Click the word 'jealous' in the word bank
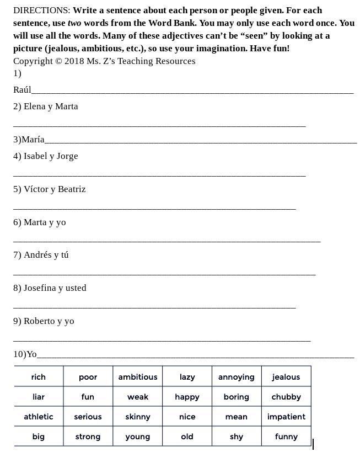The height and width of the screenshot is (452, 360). point(286,377)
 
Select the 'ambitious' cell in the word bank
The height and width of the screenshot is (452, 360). point(137,377)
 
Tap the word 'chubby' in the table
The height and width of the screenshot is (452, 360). point(286,397)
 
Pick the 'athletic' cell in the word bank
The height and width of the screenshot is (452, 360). point(39,417)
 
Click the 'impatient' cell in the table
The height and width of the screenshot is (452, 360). point(286,417)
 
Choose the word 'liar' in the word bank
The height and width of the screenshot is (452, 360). point(39,397)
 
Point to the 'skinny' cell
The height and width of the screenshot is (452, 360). point(137,417)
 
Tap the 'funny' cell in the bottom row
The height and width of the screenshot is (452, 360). point(286,437)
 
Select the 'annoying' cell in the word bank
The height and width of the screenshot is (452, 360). point(236,377)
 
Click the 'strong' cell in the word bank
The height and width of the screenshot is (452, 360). point(88,437)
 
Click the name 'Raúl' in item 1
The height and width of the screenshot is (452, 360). point(22,90)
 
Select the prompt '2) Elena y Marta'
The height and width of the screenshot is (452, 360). point(46,107)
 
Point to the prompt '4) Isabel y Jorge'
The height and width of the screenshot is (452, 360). point(46,156)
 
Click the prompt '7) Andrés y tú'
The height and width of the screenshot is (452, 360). point(41,255)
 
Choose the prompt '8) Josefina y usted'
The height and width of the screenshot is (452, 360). point(50,288)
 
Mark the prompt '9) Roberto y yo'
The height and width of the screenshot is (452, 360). point(44,321)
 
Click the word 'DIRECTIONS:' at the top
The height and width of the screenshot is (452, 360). point(42,10)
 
